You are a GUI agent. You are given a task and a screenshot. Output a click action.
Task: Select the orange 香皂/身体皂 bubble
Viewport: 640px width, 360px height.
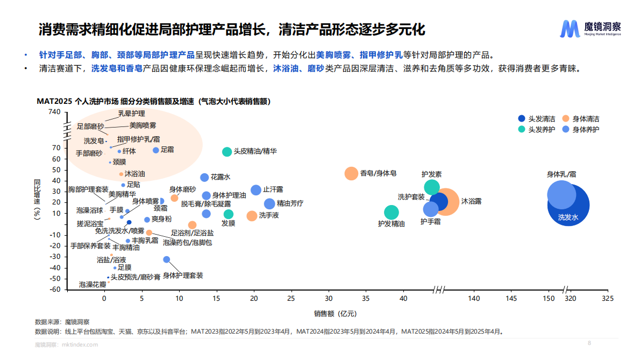pyautogui.click(x=351, y=173)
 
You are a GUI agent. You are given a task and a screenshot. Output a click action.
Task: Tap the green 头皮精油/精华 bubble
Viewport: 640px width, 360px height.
pyautogui.click(x=227, y=152)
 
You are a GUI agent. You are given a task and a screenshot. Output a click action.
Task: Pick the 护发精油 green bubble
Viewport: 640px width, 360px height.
pyautogui.click(x=392, y=213)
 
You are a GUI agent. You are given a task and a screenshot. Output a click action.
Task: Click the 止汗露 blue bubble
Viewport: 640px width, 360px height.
pyautogui.click(x=256, y=190)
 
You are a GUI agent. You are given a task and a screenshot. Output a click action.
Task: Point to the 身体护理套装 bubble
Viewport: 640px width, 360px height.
pyautogui.click(x=166, y=259)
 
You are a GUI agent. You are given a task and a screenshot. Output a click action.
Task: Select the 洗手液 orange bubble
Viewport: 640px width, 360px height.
pyautogui.click(x=252, y=216)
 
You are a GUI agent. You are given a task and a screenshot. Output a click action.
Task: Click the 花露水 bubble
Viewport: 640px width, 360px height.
pyautogui.click(x=204, y=178)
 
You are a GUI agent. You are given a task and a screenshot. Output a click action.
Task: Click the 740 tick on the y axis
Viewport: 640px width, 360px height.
pyautogui.click(x=54, y=112)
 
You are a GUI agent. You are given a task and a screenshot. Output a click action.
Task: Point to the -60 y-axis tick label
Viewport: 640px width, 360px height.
pyautogui.click(x=54, y=290)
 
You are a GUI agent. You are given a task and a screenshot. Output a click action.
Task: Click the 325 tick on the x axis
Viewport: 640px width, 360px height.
pyautogui.click(x=607, y=298)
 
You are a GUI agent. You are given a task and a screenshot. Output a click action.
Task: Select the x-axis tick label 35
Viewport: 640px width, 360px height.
pyautogui.click(x=366, y=298)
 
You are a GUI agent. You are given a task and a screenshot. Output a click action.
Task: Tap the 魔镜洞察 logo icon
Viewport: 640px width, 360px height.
pyautogui.click(x=570, y=29)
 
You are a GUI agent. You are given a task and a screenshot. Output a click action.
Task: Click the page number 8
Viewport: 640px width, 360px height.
pyautogui.click(x=589, y=343)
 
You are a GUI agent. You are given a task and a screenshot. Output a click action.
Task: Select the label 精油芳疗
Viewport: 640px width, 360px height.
pyautogui.click(x=290, y=203)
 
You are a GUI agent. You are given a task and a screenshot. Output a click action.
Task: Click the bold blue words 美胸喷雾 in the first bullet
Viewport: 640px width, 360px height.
pyautogui.click(x=332, y=55)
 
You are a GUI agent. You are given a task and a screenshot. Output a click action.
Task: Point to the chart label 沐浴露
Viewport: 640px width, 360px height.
pyautogui.click(x=471, y=201)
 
